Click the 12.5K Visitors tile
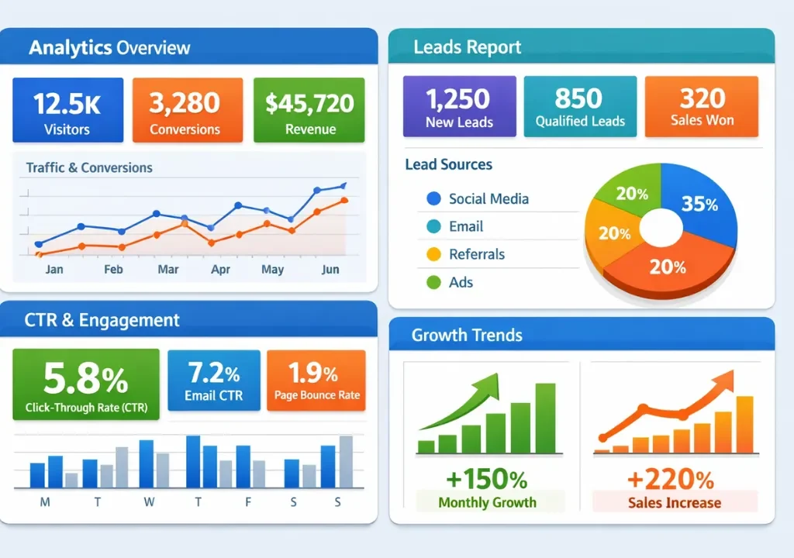[67, 110]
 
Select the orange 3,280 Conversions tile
[185, 110]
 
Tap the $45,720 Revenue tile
[309, 110]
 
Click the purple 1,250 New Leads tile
[459, 106]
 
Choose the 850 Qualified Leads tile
[580, 106]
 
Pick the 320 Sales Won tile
[702, 106]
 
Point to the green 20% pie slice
[630, 191]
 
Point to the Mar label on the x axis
[168, 270]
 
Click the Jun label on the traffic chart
[330, 270]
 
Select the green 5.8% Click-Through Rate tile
[86, 384]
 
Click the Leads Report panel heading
[468, 47]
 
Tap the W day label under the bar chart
[149, 502]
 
